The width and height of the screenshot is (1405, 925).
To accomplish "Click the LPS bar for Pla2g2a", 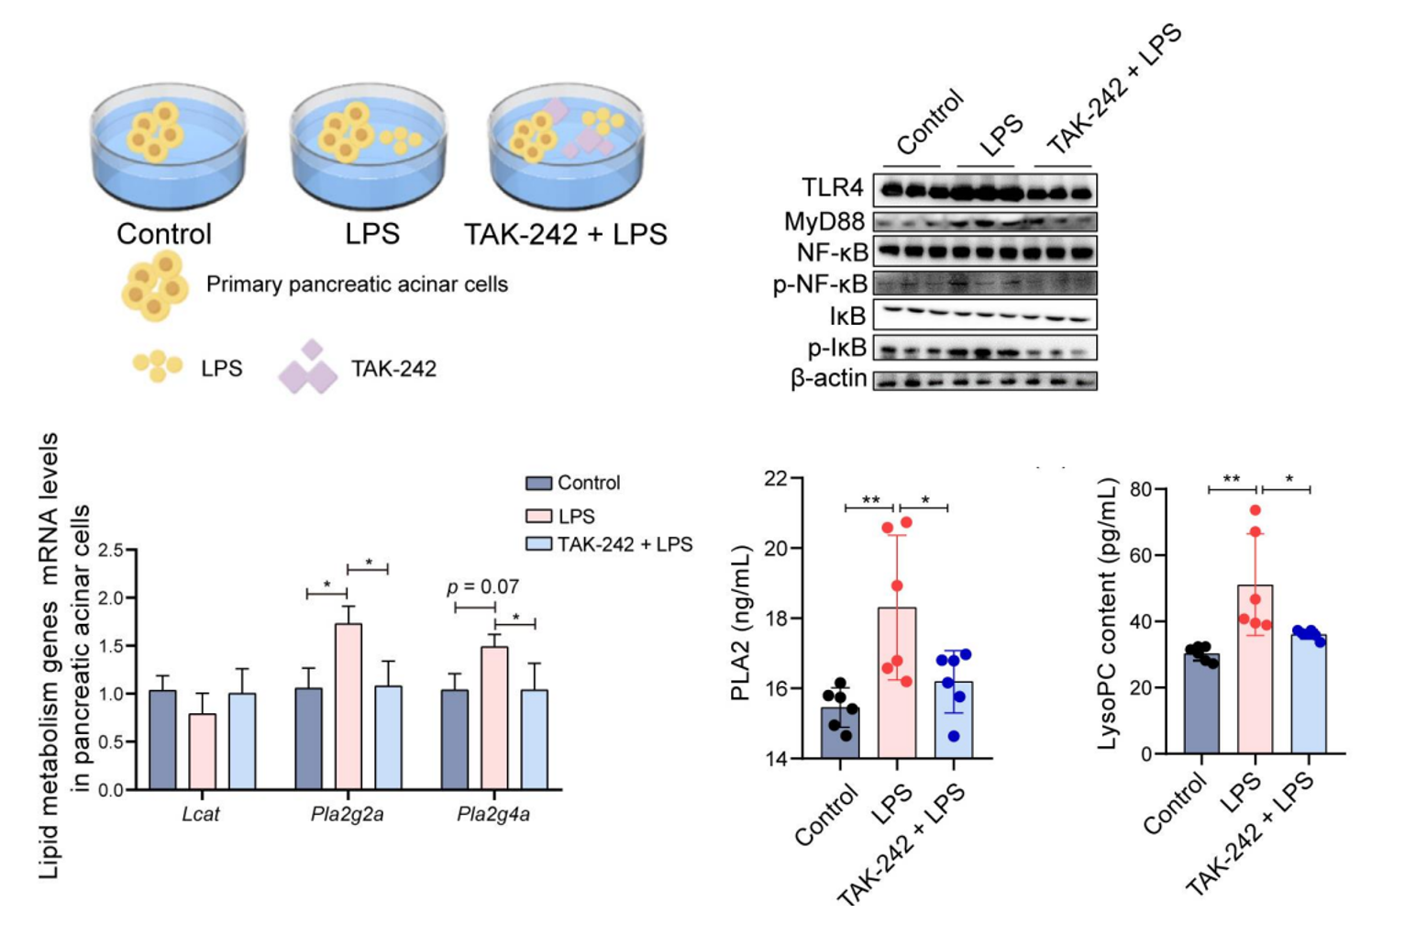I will click(x=348, y=706).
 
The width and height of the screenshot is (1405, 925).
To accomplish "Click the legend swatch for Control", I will click(x=538, y=484).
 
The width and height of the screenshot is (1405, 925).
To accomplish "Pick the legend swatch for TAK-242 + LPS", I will click(x=538, y=544).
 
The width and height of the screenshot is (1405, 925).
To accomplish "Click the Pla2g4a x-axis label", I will click(x=493, y=815).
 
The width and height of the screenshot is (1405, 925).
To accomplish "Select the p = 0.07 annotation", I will click(x=483, y=587).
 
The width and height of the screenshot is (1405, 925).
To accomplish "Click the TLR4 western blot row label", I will click(x=833, y=188).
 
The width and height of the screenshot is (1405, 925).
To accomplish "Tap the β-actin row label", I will click(x=829, y=378).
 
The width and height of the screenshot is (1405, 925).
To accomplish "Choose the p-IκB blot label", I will click(x=836, y=348).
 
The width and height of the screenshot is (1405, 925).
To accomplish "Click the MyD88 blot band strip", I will click(x=984, y=222).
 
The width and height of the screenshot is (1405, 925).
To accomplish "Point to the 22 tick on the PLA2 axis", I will click(x=776, y=478).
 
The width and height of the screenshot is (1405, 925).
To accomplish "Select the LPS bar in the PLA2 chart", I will click(x=897, y=683).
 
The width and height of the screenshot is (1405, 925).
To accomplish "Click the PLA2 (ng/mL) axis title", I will click(x=741, y=623).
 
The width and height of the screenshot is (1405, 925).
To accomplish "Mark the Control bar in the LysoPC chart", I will click(x=1201, y=703).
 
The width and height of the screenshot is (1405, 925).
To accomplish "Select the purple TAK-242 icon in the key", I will click(x=308, y=369).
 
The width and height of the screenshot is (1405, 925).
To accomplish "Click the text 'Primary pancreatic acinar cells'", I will click(x=357, y=284).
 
